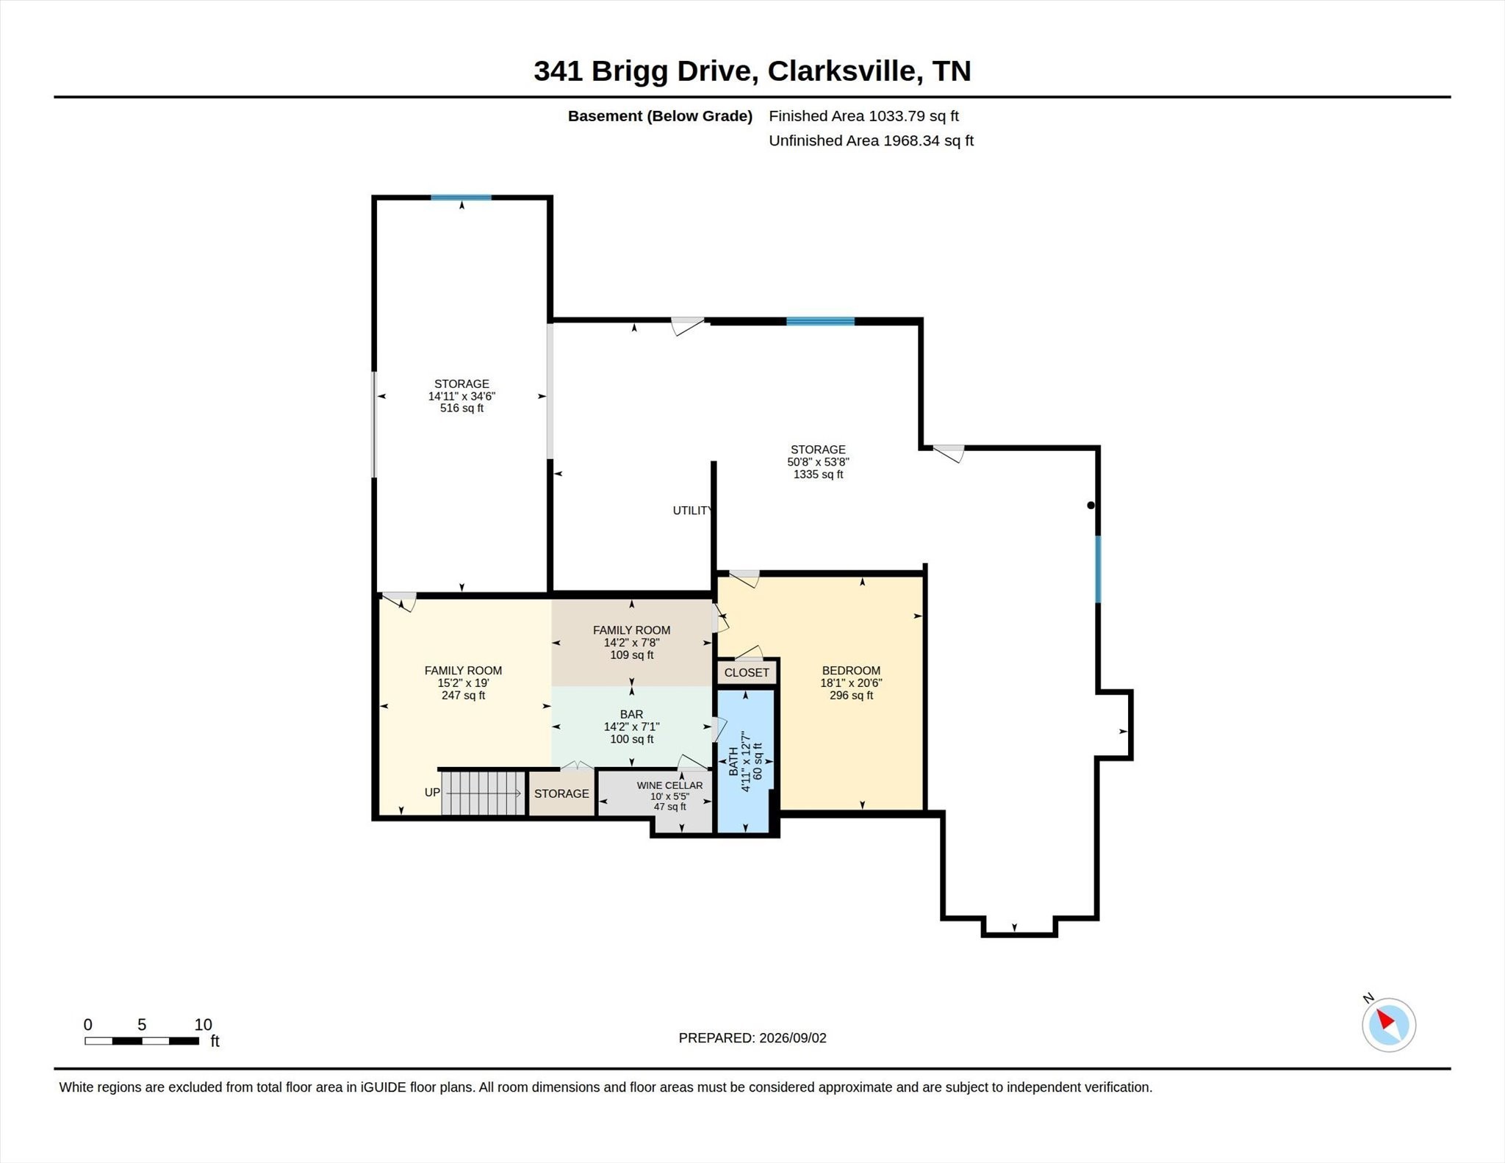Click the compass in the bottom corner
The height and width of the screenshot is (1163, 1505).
(1388, 1024)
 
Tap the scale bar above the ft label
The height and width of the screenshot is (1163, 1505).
(142, 1040)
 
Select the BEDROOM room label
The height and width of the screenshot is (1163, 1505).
(851, 670)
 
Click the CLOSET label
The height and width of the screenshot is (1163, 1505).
(747, 672)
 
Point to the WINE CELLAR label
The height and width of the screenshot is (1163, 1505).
(669, 785)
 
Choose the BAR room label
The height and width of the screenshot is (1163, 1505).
(631, 714)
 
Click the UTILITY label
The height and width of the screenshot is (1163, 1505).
(692, 511)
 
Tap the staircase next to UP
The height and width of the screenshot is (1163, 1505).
(484, 793)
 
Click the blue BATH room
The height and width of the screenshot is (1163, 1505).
(745, 761)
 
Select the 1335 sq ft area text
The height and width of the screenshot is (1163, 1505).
(818, 475)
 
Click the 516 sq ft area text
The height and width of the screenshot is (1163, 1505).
(461, 408)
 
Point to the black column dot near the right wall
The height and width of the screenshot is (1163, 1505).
(1091, 505)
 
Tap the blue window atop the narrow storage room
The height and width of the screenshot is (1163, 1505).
(461, 198)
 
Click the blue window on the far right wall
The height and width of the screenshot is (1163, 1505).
(1098, 569)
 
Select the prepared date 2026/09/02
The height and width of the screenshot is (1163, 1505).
(793, 1038)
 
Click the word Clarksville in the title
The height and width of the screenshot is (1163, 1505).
(842, 71)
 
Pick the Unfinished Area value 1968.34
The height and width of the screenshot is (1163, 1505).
(911, 141)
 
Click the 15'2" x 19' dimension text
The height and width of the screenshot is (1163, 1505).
(463, 683)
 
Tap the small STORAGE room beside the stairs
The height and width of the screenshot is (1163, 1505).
(561, 793)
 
